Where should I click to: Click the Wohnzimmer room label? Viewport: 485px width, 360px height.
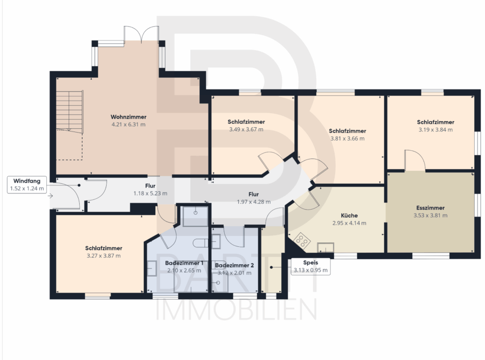pos(128,117)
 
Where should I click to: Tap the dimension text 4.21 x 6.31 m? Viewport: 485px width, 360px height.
pos(128,124)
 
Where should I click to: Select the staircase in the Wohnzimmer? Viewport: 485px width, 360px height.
pos(70,112)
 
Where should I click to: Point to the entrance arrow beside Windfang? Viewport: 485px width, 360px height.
pos(51,196)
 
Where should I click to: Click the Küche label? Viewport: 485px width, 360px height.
pos(349,215)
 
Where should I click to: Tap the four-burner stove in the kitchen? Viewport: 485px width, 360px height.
pos(301,240)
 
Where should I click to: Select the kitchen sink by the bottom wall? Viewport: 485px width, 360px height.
pos(325,247)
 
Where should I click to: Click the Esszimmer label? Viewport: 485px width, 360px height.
pos(430,208)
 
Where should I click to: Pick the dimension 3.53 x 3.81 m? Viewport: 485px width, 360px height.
pos(430,216)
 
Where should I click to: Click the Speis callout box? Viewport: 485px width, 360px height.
pos(310,266)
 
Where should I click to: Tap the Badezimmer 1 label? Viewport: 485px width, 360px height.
pos(184,263)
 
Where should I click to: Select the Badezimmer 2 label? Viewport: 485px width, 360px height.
pos(234,265)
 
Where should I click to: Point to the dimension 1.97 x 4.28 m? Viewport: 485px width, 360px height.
pos(254,202)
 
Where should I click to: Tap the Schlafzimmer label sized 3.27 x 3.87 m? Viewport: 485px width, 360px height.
pos(103,248)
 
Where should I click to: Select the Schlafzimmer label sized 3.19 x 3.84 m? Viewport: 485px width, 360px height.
pos(435,122)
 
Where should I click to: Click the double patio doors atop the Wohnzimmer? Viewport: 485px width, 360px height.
pos(141,34)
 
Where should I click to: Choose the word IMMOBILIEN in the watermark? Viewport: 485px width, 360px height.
pos(237,309)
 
